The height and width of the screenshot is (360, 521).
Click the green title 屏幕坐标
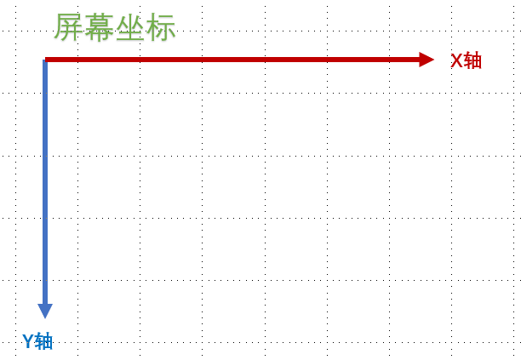114,27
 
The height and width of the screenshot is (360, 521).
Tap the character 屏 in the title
69,27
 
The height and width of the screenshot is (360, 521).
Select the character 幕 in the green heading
100,27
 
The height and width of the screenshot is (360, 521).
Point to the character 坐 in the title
129,27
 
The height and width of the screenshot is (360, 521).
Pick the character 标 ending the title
160,27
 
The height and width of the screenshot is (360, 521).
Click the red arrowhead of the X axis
426,60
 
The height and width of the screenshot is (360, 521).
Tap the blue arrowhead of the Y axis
45,311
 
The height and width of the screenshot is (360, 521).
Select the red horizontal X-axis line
230,60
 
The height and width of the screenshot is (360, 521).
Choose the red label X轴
466,60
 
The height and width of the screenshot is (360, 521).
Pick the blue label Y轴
37,341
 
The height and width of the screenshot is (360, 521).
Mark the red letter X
456,60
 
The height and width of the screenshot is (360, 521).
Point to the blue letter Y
28,341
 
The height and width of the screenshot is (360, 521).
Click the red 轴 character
473,60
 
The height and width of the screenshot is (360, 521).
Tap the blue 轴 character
44,341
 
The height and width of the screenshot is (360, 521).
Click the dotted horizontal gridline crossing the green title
255,31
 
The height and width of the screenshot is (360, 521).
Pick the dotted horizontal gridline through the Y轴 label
255,342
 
